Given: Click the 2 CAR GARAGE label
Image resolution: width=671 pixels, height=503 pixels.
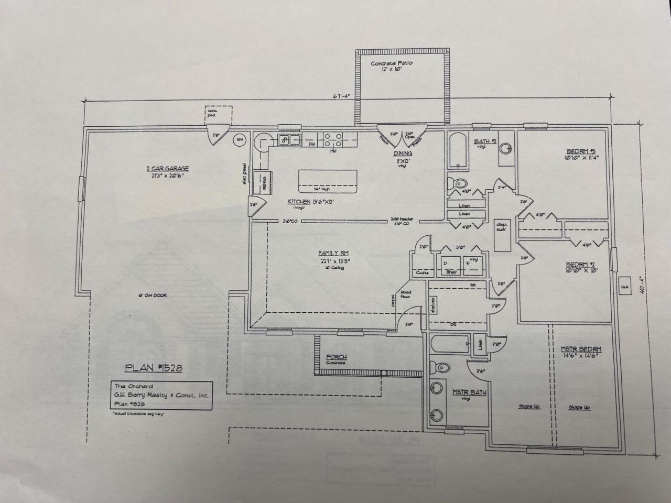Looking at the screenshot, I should (167, 168).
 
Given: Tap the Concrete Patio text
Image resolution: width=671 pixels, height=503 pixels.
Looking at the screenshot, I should (392, 63).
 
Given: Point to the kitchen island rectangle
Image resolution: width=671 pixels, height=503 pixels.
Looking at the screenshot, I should (328, 181).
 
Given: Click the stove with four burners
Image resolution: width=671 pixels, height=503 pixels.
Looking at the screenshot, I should (333, 139).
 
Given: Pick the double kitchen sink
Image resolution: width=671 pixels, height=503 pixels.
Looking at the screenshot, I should (289, 139).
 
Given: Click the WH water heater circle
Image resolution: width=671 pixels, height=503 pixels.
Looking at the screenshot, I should (240, 140).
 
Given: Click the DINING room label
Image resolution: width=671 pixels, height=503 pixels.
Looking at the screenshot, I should (403, 154).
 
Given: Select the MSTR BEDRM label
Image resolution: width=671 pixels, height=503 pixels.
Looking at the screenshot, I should (580, 349).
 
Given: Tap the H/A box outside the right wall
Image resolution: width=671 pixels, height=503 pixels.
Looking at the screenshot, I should (625, 287).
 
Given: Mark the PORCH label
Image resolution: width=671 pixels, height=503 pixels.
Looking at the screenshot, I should (336, 357).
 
